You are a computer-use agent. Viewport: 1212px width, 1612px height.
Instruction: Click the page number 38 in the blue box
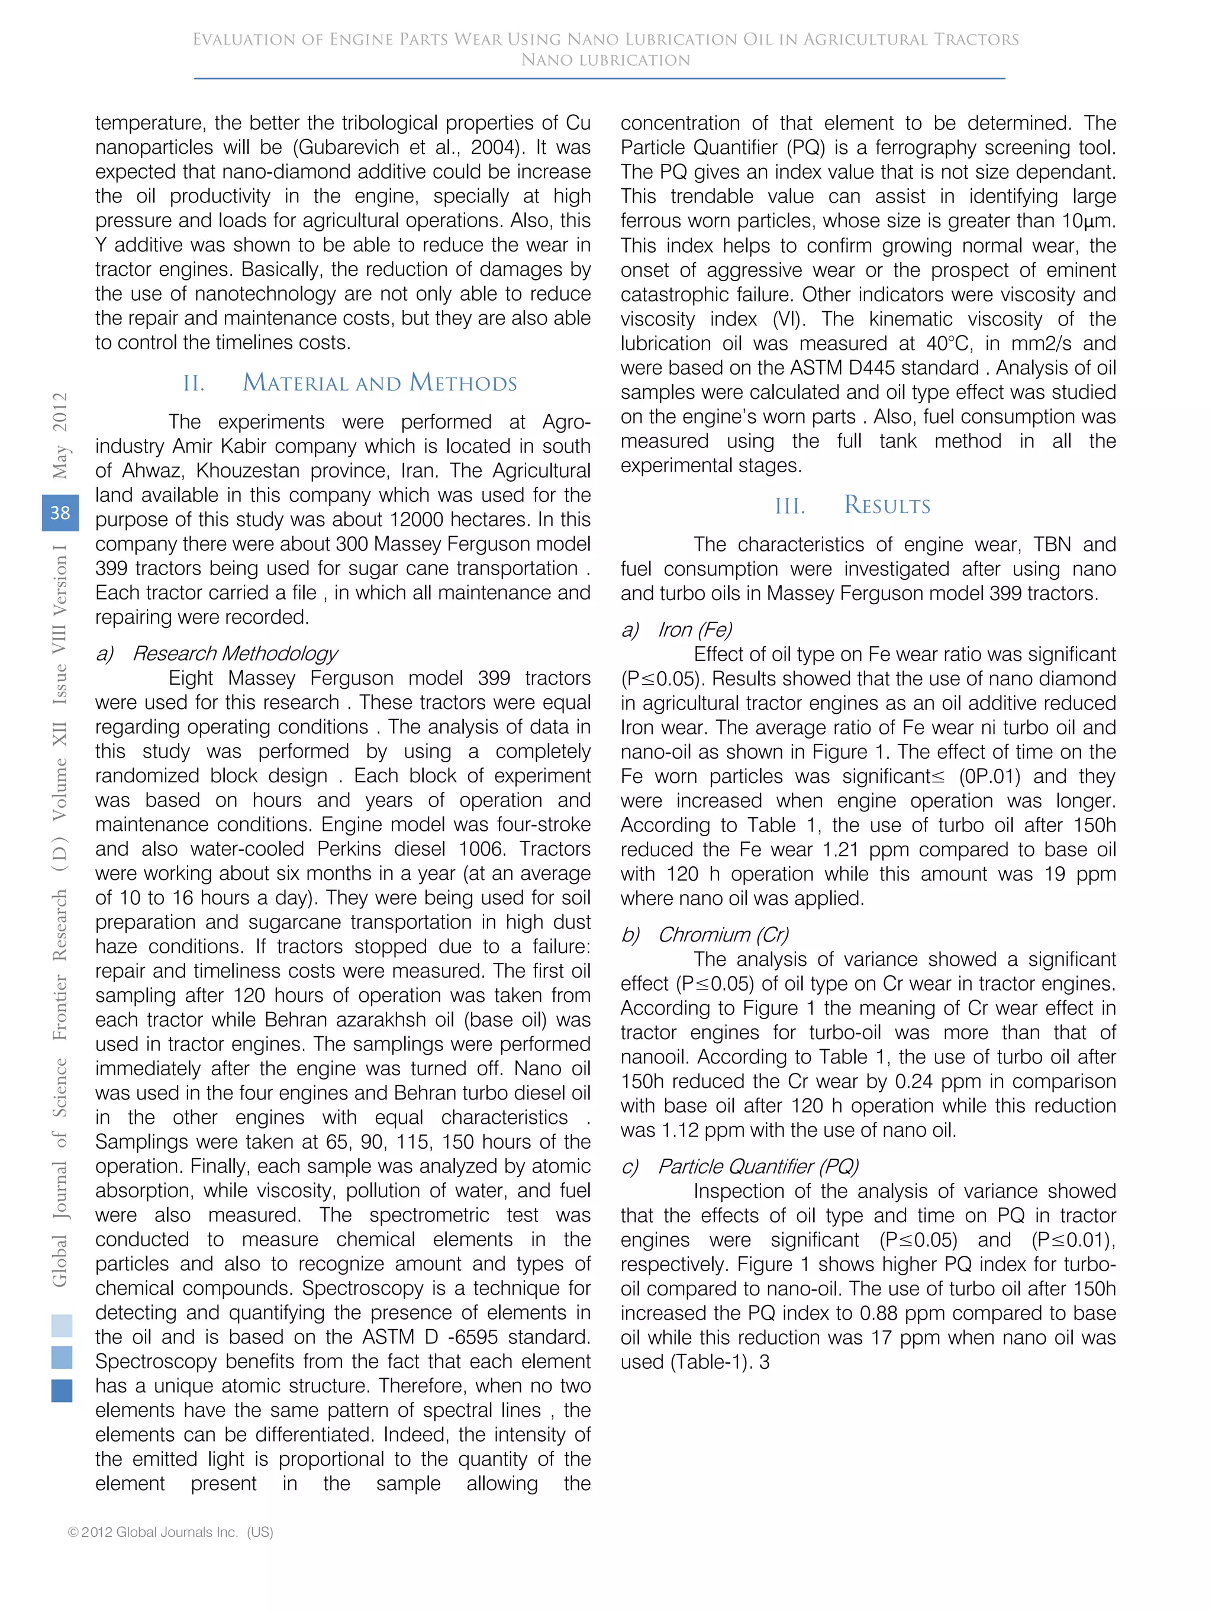pos(60,512)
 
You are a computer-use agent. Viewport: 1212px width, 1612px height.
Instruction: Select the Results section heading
pos(887,505)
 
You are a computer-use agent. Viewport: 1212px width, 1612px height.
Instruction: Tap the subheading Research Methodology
pos(235,653)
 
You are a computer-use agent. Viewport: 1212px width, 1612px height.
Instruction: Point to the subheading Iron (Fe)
pos(695,630)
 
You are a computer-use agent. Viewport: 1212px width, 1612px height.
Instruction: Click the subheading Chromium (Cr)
pos(723,934)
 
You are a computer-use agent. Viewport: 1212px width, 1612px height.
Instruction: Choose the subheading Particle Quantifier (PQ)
pos(758,1166)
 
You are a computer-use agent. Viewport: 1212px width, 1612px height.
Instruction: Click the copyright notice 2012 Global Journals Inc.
pos(170,1532)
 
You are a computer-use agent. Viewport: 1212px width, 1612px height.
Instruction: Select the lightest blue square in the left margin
pos(62,1325)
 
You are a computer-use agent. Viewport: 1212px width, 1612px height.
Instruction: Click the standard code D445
pos(952,368)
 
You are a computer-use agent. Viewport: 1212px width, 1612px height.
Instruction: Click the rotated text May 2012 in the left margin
pos(60,435)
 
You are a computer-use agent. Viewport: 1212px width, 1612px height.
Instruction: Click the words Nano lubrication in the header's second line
pos(605,60)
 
